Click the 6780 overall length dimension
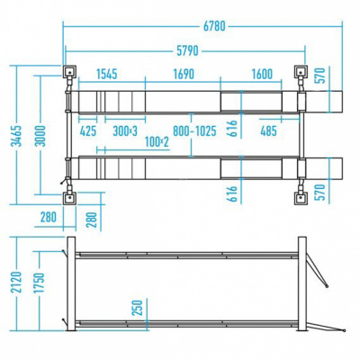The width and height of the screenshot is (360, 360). tap(214, 26)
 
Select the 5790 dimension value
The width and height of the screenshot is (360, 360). tap(187, 50)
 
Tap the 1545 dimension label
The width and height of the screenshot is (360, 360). tap(106, 74)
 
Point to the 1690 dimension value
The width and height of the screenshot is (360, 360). tap(184, 74)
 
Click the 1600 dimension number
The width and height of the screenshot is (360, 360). tap(262, 74)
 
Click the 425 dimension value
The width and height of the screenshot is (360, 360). tap(88, 131)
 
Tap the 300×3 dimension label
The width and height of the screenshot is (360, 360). tap(125, 131)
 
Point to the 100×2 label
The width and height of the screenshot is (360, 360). tap(157, 142)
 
